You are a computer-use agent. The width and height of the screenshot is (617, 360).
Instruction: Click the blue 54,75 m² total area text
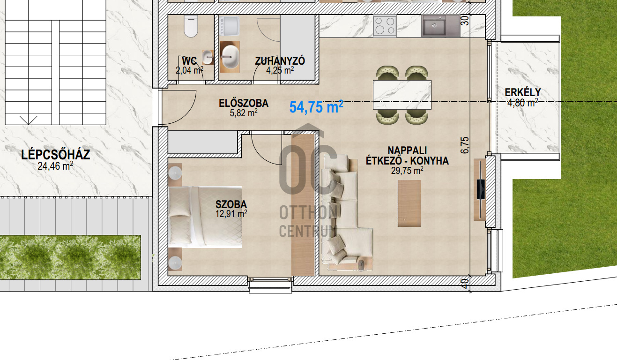pyautogui.click(x=316, y=107)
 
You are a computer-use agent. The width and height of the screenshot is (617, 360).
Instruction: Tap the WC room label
pyautogui.click(x=189, y=61)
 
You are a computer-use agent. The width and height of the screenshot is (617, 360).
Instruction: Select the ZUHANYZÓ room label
pyautogui.click(x=280, y=61)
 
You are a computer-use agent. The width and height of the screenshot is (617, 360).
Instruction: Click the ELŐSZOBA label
pyautogui.click(x=244, y=104)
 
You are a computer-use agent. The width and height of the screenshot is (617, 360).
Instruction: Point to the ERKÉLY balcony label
pyautogui.click(x=523, y=92)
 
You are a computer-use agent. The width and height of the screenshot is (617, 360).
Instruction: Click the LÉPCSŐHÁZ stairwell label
pyautogui.click(x=56, y=155)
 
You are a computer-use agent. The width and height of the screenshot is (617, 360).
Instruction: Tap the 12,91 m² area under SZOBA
pyautogui.click(x=231, y=214)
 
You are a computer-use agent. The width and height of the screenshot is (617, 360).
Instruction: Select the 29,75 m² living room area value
pyautogui.click(x=407, y=171)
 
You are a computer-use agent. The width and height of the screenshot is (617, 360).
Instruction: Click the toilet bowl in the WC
pyautogui.click(x=191, y=26)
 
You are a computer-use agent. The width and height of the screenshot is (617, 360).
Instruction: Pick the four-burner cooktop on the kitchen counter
pyautogui.click(x=385, y=26)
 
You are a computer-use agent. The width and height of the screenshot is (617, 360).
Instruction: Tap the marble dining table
pyautogui.click(x=402, y=95)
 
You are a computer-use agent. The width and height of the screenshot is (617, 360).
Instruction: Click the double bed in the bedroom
pyautogui.click(x=205, y=217)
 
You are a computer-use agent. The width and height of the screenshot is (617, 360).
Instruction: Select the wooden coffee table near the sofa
pyautogui.click(x=409, y=203)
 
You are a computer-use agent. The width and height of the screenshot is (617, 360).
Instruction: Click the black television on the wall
pyautogui.click(x=481, y=189)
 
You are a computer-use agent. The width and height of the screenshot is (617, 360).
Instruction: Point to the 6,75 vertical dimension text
pyautogui.click(x=464, y=145)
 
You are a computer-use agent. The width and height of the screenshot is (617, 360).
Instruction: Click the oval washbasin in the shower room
pyautogui.click(x=230, y=57)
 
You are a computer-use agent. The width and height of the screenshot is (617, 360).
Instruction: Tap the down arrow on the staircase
pyautogui.click(x=29, y=120)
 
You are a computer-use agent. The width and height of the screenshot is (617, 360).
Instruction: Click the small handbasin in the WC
pyautogui.click(x=208, y=57)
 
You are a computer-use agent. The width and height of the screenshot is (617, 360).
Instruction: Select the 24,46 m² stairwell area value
pyautogui.click(x=55, y=166)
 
